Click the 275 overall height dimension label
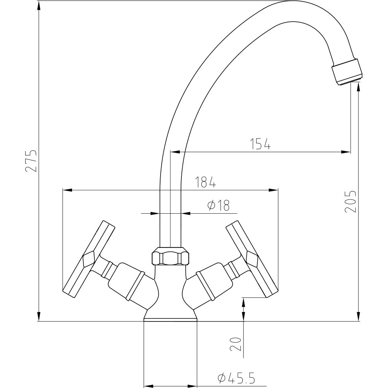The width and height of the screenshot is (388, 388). pos(31,161)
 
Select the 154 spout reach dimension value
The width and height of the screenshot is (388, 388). pos(260,144)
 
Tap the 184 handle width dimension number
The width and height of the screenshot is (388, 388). pos(206,182)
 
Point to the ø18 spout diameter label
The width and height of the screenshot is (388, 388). pos(217,205)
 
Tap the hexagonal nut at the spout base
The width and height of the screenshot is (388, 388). pos(170,257)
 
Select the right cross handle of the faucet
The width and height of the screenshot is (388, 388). pos(251,259)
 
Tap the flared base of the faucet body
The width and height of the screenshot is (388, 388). pos(170,314)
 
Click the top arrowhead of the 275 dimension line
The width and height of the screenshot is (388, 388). pos(39,6)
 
